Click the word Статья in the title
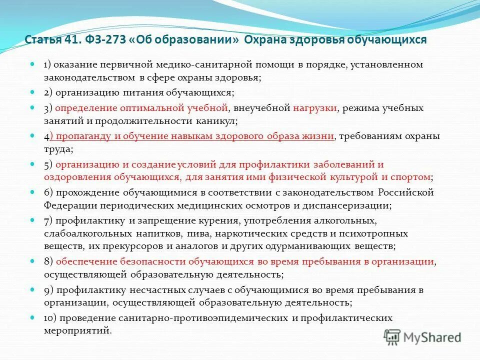[x=41, y=40]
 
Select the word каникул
[x=218, y=121]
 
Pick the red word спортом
[x=413, y=177]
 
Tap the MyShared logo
[x=423, y=337]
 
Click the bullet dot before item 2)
[x=32, y=93]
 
